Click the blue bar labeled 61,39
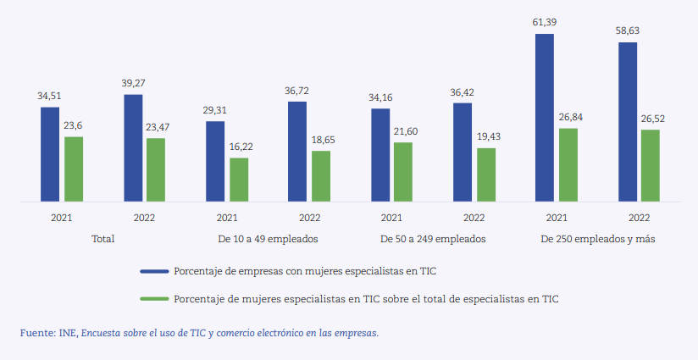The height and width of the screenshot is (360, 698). point(545,119)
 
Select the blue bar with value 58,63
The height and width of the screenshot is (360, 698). point(628,123)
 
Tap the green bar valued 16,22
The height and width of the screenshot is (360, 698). point(239,180)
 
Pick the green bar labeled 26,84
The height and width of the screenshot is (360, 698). point(568,165)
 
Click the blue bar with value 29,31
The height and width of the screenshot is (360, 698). point(215,162)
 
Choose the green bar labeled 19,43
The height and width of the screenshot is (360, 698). point(486,175)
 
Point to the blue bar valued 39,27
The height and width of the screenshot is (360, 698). point(133,148)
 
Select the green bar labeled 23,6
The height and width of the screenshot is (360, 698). point(74,169)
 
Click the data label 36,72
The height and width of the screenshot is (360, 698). point(296,90)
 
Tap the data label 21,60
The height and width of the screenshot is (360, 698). point(403,131)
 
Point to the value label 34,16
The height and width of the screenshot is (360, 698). point(380,97)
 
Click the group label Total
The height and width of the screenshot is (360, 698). point(102,239)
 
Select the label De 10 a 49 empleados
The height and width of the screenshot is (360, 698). point(268,239)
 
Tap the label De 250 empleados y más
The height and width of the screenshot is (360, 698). point(598,239)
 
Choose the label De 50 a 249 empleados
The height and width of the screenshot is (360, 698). point(433,239)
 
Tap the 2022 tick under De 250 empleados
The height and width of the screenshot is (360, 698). point(639,218)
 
